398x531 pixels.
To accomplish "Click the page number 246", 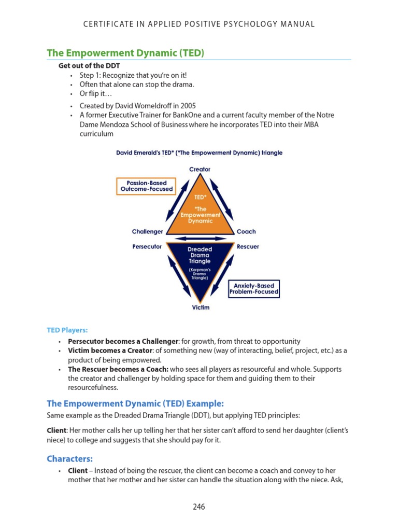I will (198, 507).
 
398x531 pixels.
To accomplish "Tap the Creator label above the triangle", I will (200, 169).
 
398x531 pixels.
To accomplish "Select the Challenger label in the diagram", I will (148, 232).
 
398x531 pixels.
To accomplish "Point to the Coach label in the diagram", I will (246, 232).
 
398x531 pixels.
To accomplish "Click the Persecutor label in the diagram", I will (147, 247).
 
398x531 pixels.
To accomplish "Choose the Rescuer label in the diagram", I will (248, 247).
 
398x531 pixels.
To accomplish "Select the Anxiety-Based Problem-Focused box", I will (254, 289).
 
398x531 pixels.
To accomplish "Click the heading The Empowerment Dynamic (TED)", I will (125, 53).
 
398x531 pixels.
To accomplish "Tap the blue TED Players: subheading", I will (67, 329).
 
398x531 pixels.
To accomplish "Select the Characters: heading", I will (70, 458).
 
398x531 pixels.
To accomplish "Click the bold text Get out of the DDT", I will (89, 66).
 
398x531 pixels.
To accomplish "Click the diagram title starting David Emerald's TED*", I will (200, 153).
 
